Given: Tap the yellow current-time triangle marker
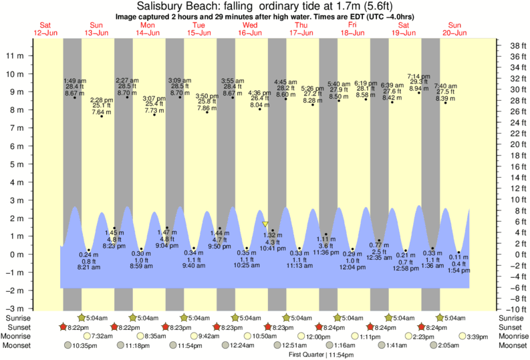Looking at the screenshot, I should pos(265,225).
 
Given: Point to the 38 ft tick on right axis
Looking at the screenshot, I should pos(511,45).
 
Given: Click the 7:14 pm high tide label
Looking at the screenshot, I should pos(419,76).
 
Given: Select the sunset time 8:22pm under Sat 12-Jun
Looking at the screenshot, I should pos(78,327).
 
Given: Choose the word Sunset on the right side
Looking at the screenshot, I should pos(511,327).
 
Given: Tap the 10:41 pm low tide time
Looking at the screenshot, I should pos(273,248).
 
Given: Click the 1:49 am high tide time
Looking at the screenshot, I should pos(75,80).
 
